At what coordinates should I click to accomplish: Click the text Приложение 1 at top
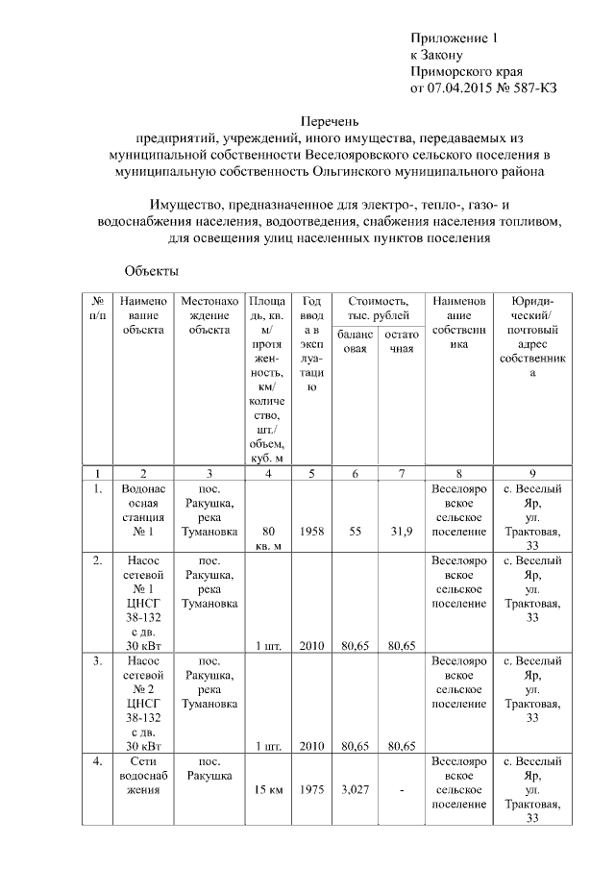point(455,38)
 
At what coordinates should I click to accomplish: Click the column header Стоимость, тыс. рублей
point(379,309)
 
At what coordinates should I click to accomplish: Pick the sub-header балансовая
point(356,340)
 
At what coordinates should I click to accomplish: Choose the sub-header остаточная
point(401,340)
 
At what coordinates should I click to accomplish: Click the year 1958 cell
point(311,531)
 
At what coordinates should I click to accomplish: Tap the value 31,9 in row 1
point(401,531)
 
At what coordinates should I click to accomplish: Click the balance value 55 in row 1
point(356,531)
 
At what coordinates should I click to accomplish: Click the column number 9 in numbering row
point(531,473)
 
